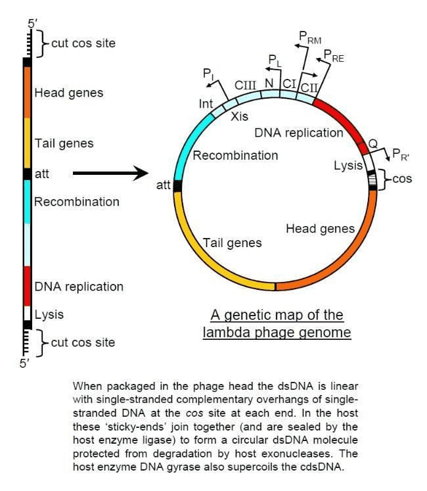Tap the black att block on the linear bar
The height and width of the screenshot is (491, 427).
(27, 174)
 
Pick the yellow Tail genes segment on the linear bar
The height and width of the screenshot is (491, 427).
(27, 143)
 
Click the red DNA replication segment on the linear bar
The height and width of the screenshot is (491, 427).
(27, 286)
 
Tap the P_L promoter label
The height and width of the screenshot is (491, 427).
(274, 60)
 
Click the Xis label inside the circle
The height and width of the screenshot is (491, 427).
(239, 116)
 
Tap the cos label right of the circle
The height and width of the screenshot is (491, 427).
(401, 179)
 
